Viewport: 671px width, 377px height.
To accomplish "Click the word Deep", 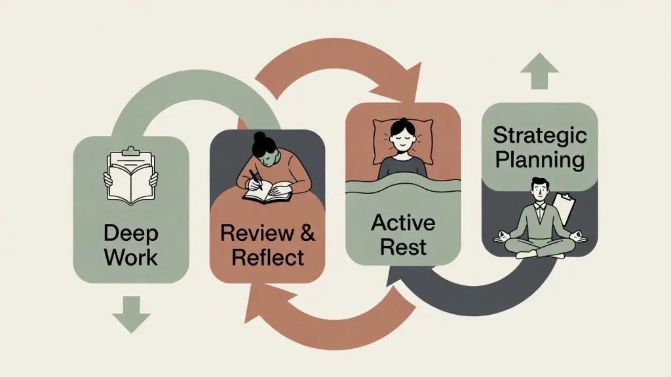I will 131,233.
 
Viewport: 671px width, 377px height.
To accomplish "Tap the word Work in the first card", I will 131,257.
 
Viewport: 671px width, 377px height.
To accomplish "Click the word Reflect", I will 267,257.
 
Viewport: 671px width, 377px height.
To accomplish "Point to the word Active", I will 403,223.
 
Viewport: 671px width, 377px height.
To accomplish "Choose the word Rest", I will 403,247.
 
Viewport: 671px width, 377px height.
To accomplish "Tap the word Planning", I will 539,160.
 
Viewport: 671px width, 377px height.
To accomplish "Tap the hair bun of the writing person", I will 261,139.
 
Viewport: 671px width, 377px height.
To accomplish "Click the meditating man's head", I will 540,190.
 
